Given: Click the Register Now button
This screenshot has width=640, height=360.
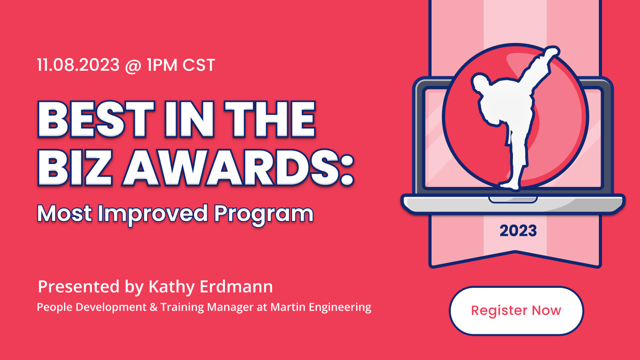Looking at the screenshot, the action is [x=516, y=311].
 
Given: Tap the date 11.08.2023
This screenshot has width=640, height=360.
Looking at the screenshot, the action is [x=78, y=65].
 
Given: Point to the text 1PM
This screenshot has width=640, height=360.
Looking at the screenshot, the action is [x=162, y=65].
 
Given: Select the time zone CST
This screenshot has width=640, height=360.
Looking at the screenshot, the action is [x=198, y=65].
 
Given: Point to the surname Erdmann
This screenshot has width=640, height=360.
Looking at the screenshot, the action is [x=236, y=286].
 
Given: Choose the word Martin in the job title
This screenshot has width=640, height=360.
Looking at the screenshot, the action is [x=288, y=307].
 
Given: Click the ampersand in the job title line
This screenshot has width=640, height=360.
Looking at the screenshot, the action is [x=154, y=307].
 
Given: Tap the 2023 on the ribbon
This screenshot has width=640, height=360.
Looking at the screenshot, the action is [x=518, y=231].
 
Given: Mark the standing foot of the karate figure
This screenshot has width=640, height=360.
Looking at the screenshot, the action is [x=509, y=185].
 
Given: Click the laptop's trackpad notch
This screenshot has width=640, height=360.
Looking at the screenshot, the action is [x=513, y=200].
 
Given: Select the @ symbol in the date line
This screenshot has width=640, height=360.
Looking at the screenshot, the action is [x=133, y=66].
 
